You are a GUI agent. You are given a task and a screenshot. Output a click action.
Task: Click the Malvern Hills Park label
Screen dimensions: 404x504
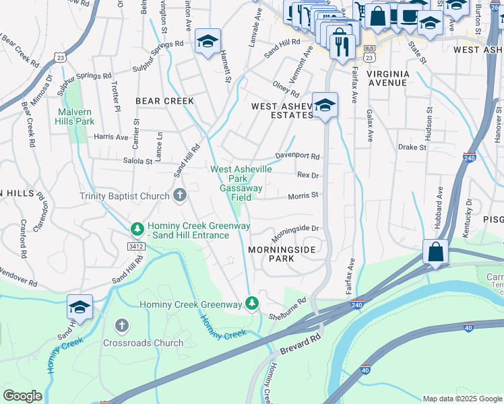[76, 116]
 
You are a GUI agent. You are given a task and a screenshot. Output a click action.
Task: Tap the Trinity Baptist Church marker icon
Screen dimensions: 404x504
[179, 196]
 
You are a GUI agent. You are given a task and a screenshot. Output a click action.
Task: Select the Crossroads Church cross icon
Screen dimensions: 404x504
[122, 326]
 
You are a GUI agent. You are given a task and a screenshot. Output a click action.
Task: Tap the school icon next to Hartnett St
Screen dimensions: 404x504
[208, 40]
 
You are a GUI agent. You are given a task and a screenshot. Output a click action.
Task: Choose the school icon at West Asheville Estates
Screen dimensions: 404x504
[325, 105]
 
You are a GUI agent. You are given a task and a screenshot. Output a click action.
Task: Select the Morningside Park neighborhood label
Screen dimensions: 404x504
[282, 253]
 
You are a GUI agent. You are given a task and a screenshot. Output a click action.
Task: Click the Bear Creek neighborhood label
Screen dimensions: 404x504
[164, 101]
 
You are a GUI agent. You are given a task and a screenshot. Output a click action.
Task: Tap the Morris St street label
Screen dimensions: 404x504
[303, 196]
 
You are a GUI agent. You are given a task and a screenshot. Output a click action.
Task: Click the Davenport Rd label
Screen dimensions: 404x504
[297, 156]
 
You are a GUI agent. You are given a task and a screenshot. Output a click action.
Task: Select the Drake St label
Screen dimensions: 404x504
[412, 147]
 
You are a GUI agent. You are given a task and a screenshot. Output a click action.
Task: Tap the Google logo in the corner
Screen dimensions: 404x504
[23, 396]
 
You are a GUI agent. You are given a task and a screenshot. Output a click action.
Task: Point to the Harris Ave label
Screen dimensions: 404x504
[111, 137]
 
